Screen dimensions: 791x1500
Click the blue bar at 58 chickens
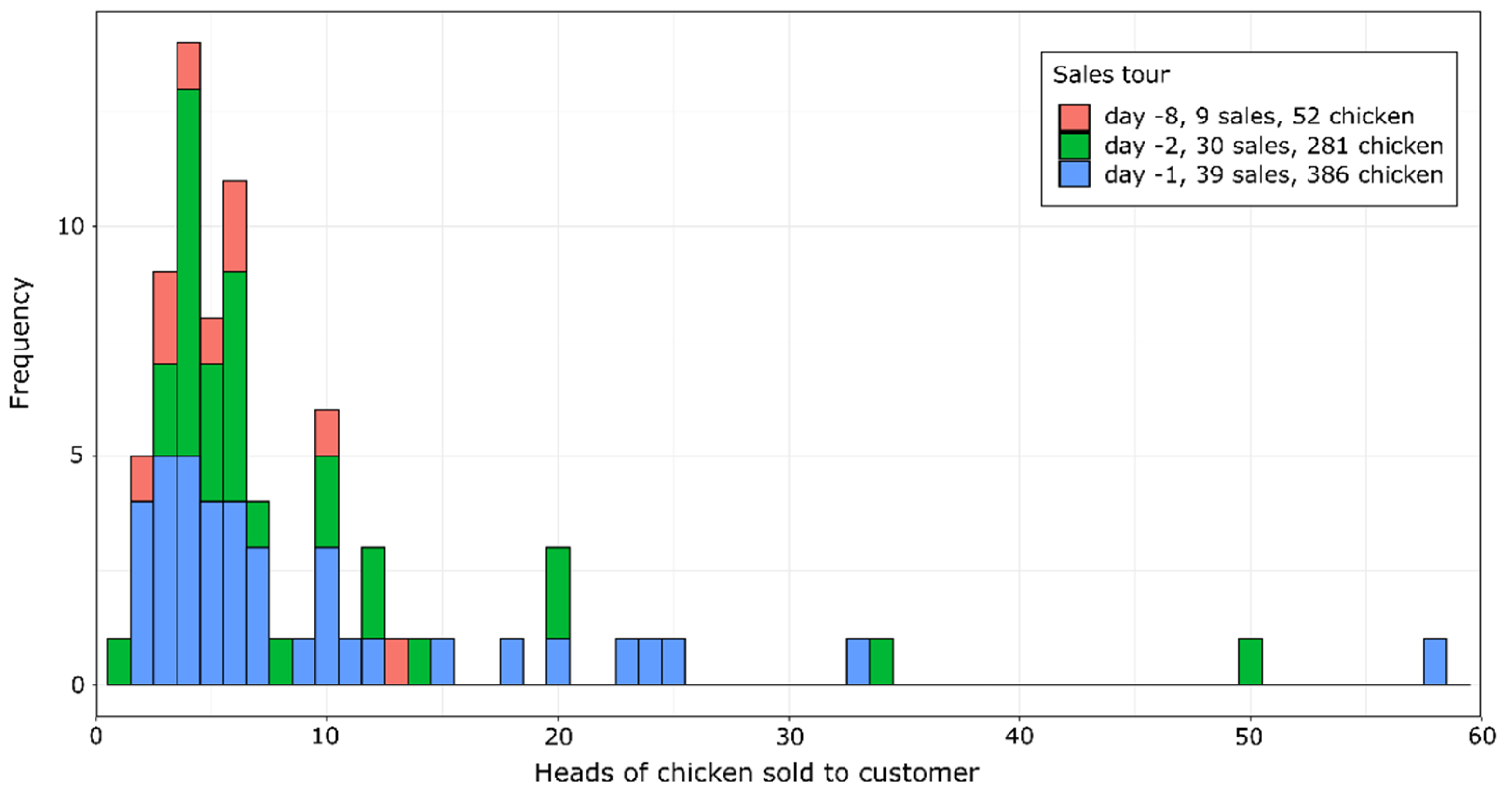click(1435, 662)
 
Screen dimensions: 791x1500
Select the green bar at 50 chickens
click(1250, 662)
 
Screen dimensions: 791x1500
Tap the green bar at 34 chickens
click(881, 662)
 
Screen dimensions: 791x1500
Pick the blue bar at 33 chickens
click(858, 662)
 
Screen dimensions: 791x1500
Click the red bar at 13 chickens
click(396, 662)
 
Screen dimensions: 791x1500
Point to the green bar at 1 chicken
click(119, 662)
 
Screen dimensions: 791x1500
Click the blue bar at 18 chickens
click(512, 662)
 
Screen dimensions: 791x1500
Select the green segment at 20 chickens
click(558, 592)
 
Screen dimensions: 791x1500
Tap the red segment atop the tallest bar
click(188, 65)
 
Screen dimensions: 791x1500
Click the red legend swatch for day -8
click(1074, 117)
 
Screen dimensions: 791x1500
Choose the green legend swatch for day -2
click(1074, 146)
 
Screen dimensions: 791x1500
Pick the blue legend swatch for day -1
click(1074, 174)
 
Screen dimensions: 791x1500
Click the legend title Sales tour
click(1111, 75)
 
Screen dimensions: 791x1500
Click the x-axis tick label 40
click(1020, 737)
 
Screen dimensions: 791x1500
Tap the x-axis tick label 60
click(1481, 737)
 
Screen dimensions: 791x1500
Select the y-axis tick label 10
click(70, 227)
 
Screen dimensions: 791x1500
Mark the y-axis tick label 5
click(78, 456)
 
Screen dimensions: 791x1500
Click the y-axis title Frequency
click(20, 343)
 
